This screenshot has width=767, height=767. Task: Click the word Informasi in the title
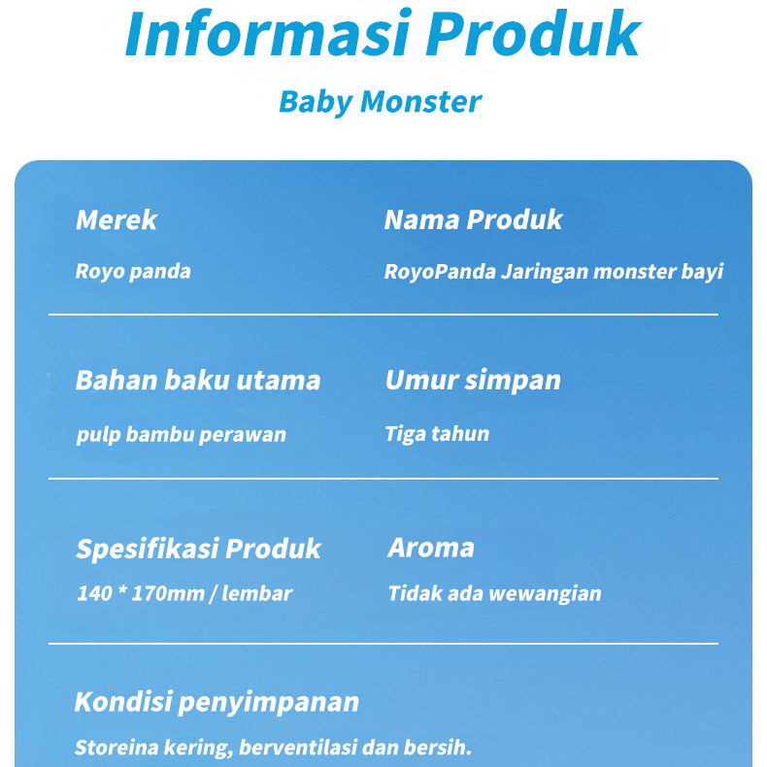click(267, 34)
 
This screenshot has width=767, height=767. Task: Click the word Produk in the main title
click(533, 34)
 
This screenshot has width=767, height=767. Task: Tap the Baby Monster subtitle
click(380, 102)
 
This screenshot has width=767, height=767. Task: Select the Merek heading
click(117, 219)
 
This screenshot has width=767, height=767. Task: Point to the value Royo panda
click(133, 272)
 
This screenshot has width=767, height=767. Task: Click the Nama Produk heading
click(474, 219)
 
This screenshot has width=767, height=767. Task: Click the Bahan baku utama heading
click(198, 380)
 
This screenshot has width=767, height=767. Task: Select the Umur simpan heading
click(473, 381)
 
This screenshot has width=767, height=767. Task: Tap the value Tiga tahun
click(437, 434)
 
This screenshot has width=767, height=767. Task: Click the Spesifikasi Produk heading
click(199, 549)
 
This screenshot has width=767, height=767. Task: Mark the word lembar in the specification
click(257, 593)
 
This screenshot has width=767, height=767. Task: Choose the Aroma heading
click(431, 548)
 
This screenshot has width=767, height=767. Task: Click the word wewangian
click(545, 594)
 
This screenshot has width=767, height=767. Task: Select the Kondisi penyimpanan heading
click(217, 702)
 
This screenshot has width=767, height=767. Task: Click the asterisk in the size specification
click(122, 590)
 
